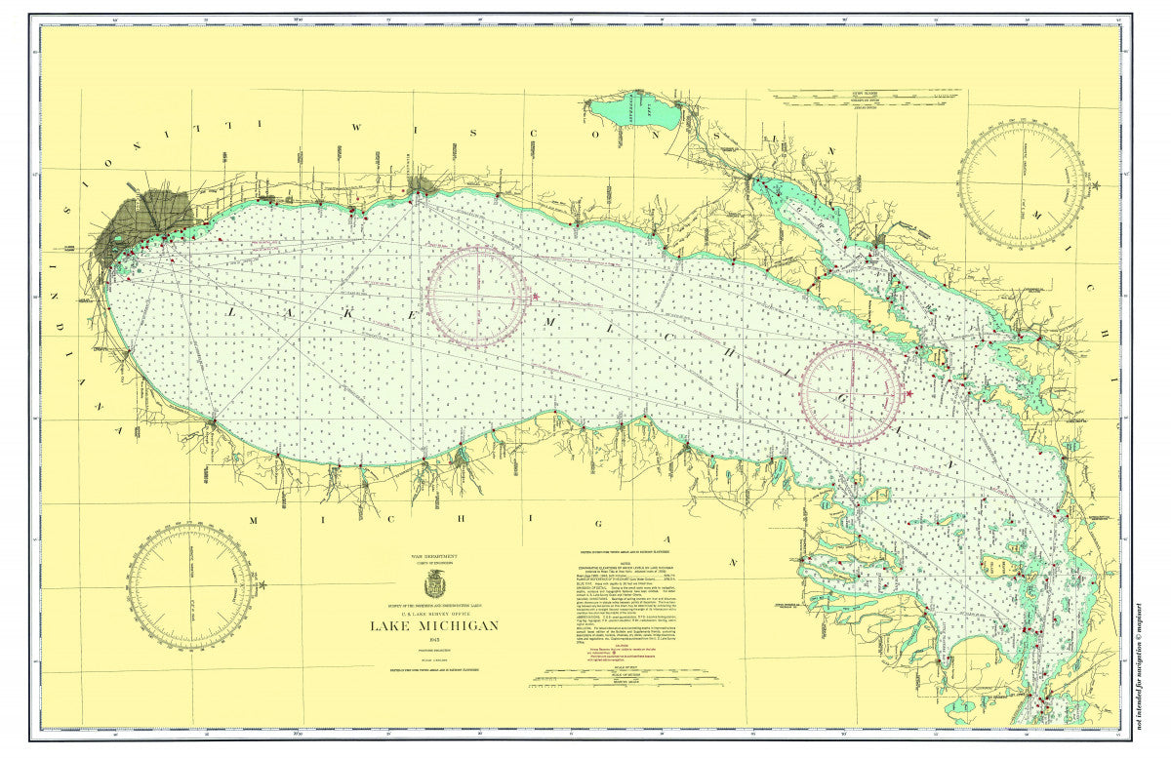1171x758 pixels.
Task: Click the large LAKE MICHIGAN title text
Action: pyautogui.click(x=433, y=625)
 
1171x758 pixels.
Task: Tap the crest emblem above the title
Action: pyautogui.click(x=434, y=585)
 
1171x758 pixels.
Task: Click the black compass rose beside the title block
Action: pyautogui.click(x=192, y=585)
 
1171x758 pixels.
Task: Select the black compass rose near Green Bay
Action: pyautogui.click(x=1021, y=184)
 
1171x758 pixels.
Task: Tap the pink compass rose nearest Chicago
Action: pyautogui.click(x=477, y=296)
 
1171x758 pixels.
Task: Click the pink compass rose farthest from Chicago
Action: pyautogui.click(x=851, y=392)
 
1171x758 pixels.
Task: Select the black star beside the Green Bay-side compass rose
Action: pyautogui.click(x=1096, y=184)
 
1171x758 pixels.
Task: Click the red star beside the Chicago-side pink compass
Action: pyautogui.click(x=534, y=296)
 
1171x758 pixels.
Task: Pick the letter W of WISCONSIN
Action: pyautogui.click(x=356, y=127)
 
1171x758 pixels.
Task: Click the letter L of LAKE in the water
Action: pyautogui.click(x=232, y=311)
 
